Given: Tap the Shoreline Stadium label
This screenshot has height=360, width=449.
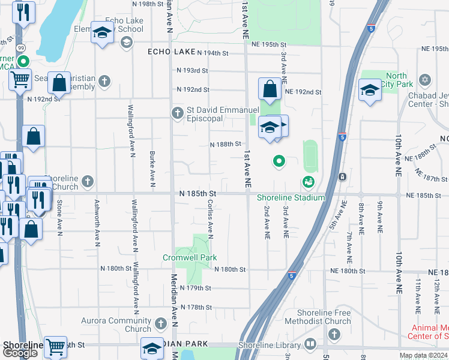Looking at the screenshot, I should [x=291, y=198].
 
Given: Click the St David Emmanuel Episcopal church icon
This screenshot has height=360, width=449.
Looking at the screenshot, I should [x=178, y=112].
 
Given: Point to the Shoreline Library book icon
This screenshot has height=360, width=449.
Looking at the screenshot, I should [x=310, y=344].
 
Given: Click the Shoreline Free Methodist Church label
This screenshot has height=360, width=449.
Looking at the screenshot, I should [x=324, y=317].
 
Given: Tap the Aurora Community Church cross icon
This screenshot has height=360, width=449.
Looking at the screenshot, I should [x=160, y=324].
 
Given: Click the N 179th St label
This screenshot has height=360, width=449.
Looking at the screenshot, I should [x=196, y=288].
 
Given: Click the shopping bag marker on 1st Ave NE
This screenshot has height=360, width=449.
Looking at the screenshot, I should [x=270, y=89].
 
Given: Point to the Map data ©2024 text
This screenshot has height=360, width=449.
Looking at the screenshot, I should [x=423, y=356].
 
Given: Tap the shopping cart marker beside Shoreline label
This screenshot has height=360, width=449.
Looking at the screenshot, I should [x=55, y=346].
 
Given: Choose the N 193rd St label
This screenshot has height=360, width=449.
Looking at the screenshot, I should [x=192, y=71].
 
